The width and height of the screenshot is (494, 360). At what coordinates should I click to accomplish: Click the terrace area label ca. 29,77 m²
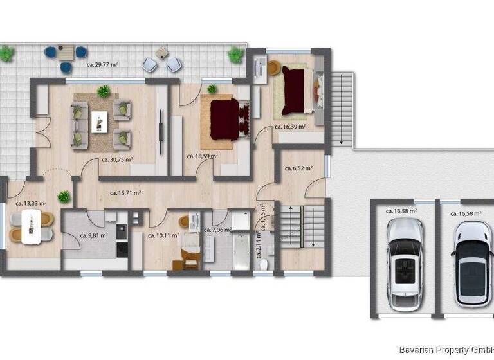(106, 64)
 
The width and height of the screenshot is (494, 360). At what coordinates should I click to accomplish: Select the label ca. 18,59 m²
(202, 156)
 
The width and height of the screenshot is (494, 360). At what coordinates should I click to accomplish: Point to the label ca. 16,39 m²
(289, 127)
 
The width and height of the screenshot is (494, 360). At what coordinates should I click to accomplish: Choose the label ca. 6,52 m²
(298, 168)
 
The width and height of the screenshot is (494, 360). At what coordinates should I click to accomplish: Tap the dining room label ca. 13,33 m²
(31, 203)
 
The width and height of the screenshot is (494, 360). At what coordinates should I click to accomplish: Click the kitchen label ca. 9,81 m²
(94, 235)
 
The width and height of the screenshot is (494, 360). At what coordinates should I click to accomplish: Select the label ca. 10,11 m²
(163, 235)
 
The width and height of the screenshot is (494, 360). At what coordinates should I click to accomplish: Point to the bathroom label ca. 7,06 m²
(217, 230)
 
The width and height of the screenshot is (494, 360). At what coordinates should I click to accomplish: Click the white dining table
(31, 228)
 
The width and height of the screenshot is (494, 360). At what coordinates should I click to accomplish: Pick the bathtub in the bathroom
(241, 252)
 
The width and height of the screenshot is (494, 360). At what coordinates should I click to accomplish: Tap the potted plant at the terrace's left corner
(7, 54)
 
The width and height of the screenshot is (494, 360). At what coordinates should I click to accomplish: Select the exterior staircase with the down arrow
(343, 107)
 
